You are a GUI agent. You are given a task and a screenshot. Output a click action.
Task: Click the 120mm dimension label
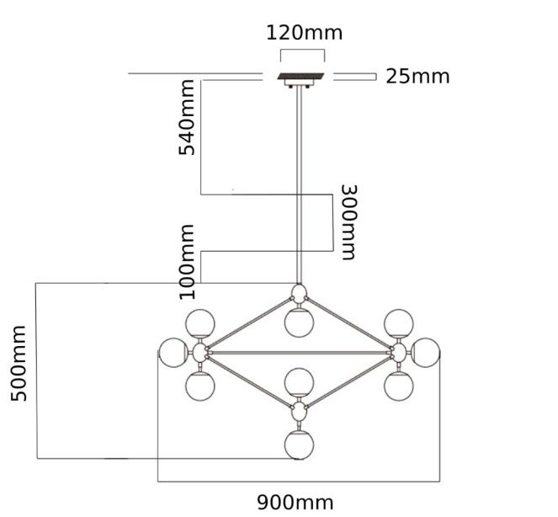(304, 34)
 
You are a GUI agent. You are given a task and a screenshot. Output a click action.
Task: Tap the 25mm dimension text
(417, 77)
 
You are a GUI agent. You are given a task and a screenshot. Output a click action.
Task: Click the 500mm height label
(19, 364)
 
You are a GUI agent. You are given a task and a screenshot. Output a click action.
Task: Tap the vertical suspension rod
(299, 185)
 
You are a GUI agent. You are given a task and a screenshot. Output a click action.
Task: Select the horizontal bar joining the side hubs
(299, 351)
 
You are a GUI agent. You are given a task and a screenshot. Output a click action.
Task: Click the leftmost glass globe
(173, 352)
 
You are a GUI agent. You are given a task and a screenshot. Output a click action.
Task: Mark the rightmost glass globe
(426, 352)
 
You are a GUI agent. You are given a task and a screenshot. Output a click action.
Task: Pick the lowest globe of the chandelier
(299, 445)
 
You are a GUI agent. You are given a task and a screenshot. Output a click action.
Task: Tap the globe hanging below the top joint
(298, 321)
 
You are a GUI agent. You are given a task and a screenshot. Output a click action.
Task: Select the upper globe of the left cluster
(200, 322)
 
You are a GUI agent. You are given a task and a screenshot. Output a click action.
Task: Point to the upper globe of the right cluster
(397, 322)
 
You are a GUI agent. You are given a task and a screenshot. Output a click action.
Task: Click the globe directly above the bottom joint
(298, 382)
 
